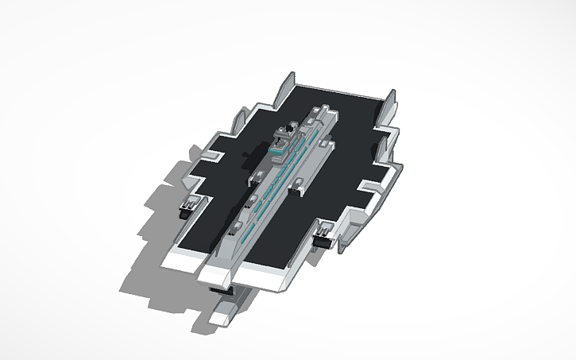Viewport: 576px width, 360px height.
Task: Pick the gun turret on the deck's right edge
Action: pyautogui.click(x=323, y=238)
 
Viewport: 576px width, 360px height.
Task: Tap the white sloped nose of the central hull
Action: pyautogui.click(x=219, y=273)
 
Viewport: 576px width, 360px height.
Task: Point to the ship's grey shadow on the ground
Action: pyautogui.click(x=151, y=238)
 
